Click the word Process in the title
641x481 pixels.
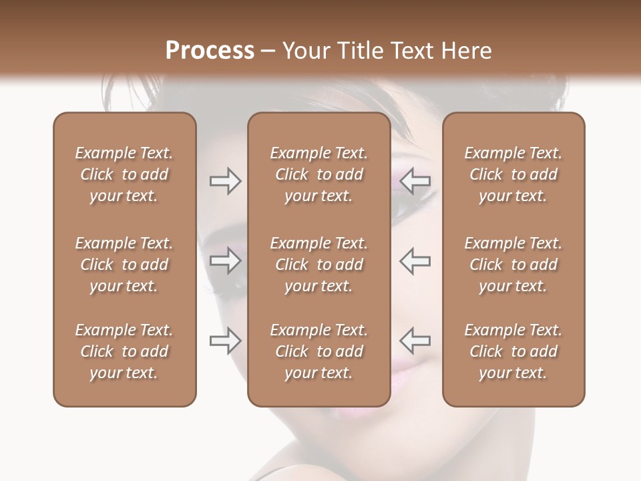point(210,51)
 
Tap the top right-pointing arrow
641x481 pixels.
point(225,181)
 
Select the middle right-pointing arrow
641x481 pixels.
point(225,261)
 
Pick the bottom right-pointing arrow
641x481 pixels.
point(225,340)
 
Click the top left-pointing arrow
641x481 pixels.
point(415,181)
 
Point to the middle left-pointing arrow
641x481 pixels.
point(415,261)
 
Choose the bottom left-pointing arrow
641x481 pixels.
point(415,340)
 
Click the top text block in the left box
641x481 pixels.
point(124,174)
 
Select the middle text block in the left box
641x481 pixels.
point(124,265)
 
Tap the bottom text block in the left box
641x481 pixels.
point(124,351)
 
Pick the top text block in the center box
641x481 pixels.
point(318,174)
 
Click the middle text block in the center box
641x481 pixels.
point(318,265)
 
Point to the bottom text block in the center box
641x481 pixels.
point(318,351)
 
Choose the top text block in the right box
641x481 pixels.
point(513,174)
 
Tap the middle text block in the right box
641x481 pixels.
point(513,265)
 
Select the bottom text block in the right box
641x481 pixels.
point(513,351)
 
